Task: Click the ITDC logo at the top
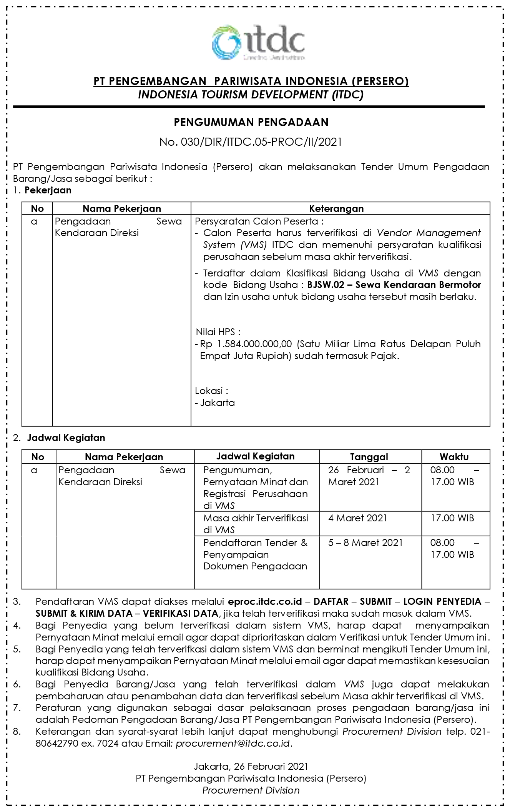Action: coord(258,42)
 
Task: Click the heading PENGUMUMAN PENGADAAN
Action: coord(251,122)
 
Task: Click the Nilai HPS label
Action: coord(219,332)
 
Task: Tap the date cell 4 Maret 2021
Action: coord(357,518)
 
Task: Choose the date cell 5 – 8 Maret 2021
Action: coord(365,542)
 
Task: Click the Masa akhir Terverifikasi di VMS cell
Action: coord(256,524)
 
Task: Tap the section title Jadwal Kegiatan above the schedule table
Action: coord(66,438)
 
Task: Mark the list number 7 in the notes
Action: coord(17,708)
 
